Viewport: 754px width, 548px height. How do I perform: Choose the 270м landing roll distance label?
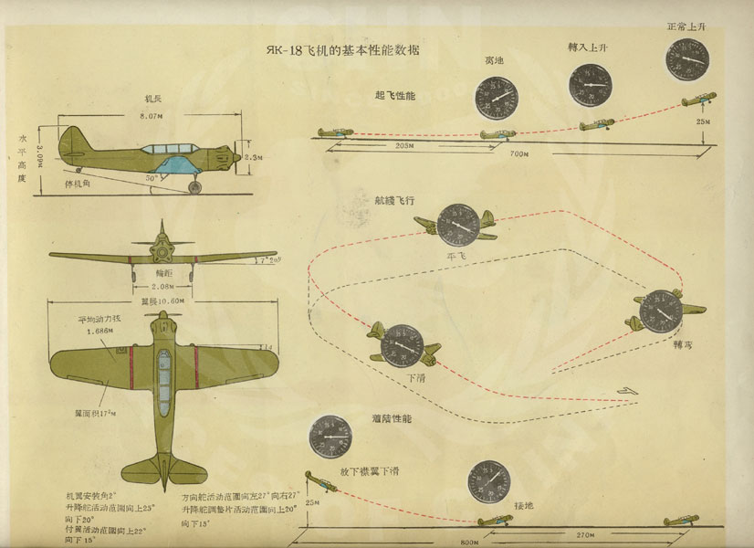tap(639, 532)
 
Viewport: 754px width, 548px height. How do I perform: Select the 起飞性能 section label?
tap(394, 95)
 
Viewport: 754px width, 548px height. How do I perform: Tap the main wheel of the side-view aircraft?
tap(194, 186)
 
